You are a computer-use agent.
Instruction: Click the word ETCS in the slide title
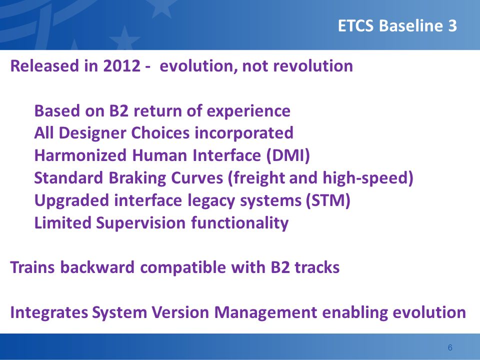[355, 25]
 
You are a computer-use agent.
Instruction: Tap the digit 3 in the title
[452, 25]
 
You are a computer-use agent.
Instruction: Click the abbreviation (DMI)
[288, 155]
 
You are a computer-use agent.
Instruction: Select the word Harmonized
[80, 155]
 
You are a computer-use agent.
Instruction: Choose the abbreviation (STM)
[328, 200]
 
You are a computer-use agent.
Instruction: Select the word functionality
[239, 223]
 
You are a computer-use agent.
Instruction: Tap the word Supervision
[141, 223]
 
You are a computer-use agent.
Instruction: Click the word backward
[97, 267]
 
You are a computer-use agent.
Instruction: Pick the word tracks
[317, 267]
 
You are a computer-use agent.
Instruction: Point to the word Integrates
[49, 312]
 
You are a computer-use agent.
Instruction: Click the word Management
[265, 312]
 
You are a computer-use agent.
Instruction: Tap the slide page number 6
[450, 347]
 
